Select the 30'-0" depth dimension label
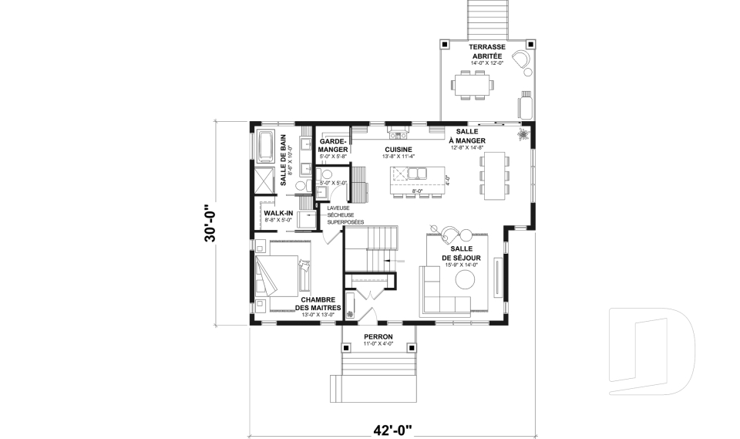(209, 224)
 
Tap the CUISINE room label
(399, 150)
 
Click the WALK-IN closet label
(277, 213)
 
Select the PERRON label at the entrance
(378, 337)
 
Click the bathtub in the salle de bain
(266, 144)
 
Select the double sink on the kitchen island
(417, 172)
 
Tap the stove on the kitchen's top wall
(399, 129)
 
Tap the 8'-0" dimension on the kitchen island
(417, 191)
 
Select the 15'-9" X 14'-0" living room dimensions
(461, 266)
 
